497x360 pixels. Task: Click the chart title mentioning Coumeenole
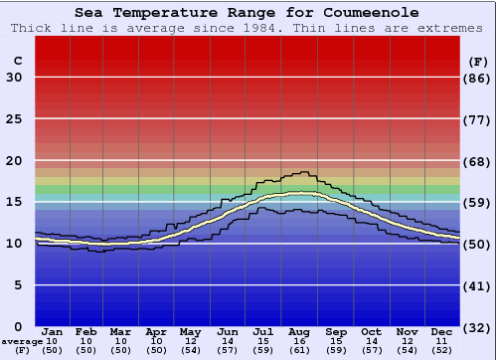tap(248, 13)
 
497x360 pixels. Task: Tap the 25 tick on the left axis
tap(14, 119)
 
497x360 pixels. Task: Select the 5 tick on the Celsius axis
tap(18, 285)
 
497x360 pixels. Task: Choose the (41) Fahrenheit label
tap(478, 285)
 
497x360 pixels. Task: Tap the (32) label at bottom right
tap(478, 326)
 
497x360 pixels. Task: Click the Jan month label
tap(53, 332)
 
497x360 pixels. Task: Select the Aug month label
tap(299, 332)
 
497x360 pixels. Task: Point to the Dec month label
tap(442, 332)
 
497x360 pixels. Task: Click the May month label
tap(189, 332)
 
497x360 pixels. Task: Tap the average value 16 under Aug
tap(299, 342)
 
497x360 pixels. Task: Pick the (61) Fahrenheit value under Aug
tap(299, 351)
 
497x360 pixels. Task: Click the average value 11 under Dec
tap(442, 342)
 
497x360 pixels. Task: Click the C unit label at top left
tap(17, 61)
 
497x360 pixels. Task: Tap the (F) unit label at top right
tap(477, 61)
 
